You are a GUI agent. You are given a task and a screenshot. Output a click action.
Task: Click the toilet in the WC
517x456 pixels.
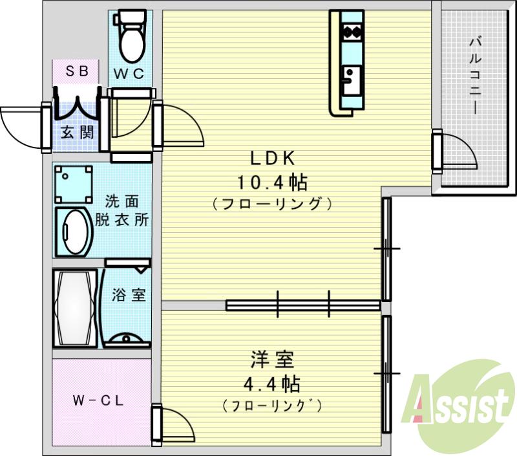point(132,36)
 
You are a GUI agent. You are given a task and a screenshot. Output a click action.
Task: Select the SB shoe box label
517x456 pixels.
point(77,72)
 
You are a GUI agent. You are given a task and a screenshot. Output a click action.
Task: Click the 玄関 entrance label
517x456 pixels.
point(77,133)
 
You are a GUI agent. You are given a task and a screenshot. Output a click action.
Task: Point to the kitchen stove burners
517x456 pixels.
point(352,30)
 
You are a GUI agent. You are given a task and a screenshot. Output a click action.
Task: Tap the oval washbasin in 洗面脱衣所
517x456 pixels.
point(74,232)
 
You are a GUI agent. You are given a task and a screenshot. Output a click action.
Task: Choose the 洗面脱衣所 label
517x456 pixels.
point(123,210)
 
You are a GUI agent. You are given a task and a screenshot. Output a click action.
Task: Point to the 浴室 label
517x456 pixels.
point(129,296)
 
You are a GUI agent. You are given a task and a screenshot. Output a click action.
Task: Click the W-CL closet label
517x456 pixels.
point(98,400)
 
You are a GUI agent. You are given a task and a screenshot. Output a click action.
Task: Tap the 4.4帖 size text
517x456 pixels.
point(271,385)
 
